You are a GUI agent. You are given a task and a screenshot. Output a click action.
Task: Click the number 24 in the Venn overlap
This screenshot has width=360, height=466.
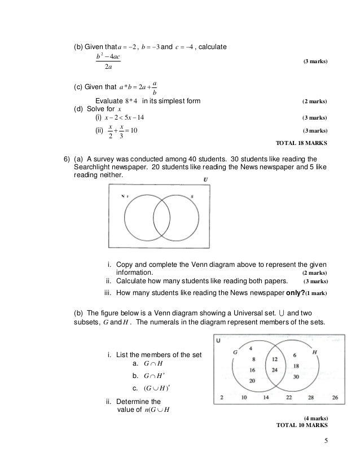pos(274,370)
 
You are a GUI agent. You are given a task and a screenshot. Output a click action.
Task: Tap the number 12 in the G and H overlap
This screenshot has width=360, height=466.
pos(274,359)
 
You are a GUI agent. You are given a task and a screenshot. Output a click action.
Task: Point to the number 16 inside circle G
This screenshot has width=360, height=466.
pos(253,370)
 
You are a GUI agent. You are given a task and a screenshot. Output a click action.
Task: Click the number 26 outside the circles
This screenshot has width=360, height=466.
pos(335,398)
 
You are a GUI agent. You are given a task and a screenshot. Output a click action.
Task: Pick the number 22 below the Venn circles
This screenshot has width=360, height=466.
pos(290,398)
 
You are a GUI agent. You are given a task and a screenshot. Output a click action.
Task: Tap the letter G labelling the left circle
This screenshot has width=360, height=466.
pos(236,352)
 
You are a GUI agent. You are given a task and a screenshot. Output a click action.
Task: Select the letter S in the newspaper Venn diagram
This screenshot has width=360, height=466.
pos(192,196)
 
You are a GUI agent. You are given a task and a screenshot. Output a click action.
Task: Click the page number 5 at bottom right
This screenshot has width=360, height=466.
pos(326,441)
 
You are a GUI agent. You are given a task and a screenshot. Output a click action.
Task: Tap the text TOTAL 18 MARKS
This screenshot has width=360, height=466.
pos(300,143)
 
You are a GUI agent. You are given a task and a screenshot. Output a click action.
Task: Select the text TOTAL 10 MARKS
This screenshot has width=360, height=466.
pos(301,425)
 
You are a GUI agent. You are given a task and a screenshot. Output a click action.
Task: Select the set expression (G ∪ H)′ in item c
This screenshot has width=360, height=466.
pos(146,388)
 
